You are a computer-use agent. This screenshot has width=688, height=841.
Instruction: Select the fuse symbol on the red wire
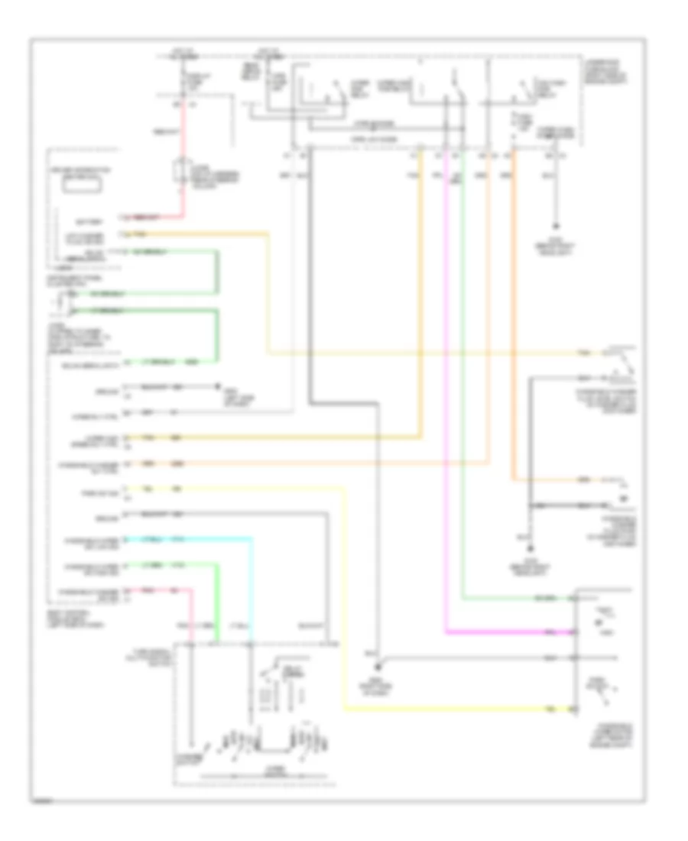[182, 170]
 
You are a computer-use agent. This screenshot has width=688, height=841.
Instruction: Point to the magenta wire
[445, 382]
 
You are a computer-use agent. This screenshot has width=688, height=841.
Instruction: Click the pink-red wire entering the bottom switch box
[191, 612]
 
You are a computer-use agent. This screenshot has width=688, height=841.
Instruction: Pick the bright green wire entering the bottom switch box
[216, 604]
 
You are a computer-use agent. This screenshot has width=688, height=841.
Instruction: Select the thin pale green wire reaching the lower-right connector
[463, 382]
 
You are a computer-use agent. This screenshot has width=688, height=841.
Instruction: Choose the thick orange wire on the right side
[514, 321]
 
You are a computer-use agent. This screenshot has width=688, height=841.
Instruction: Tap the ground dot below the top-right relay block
[556, 227]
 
